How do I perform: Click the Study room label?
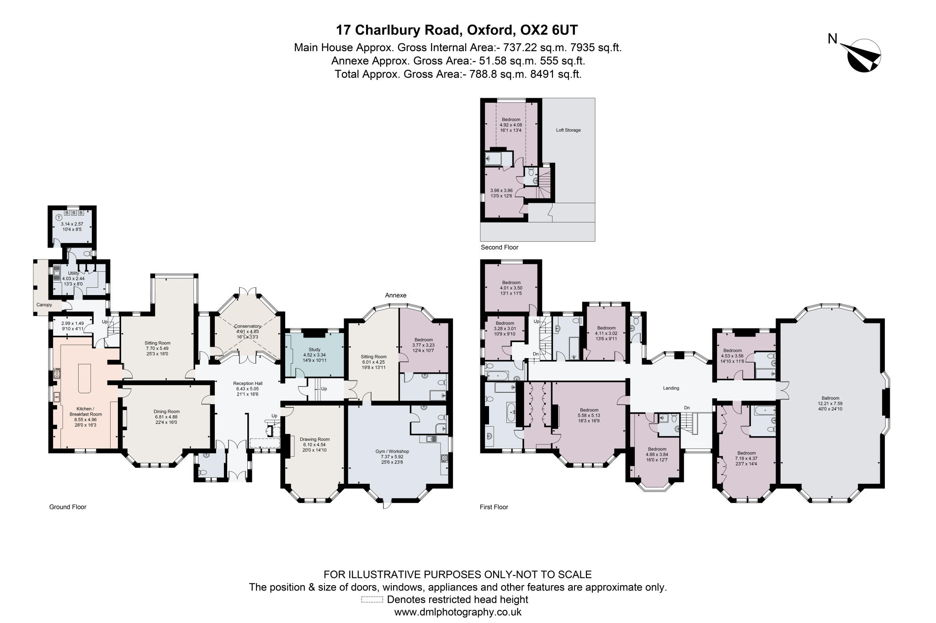314,349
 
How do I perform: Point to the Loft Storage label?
568,130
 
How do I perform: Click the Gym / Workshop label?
392,451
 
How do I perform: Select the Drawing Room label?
314,439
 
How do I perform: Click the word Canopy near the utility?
44,305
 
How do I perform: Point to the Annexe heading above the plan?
395,296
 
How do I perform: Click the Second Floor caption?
499,248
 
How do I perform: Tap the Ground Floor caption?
68,507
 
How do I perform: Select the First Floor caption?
494,507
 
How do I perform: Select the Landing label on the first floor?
671,388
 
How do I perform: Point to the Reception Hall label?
248,383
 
